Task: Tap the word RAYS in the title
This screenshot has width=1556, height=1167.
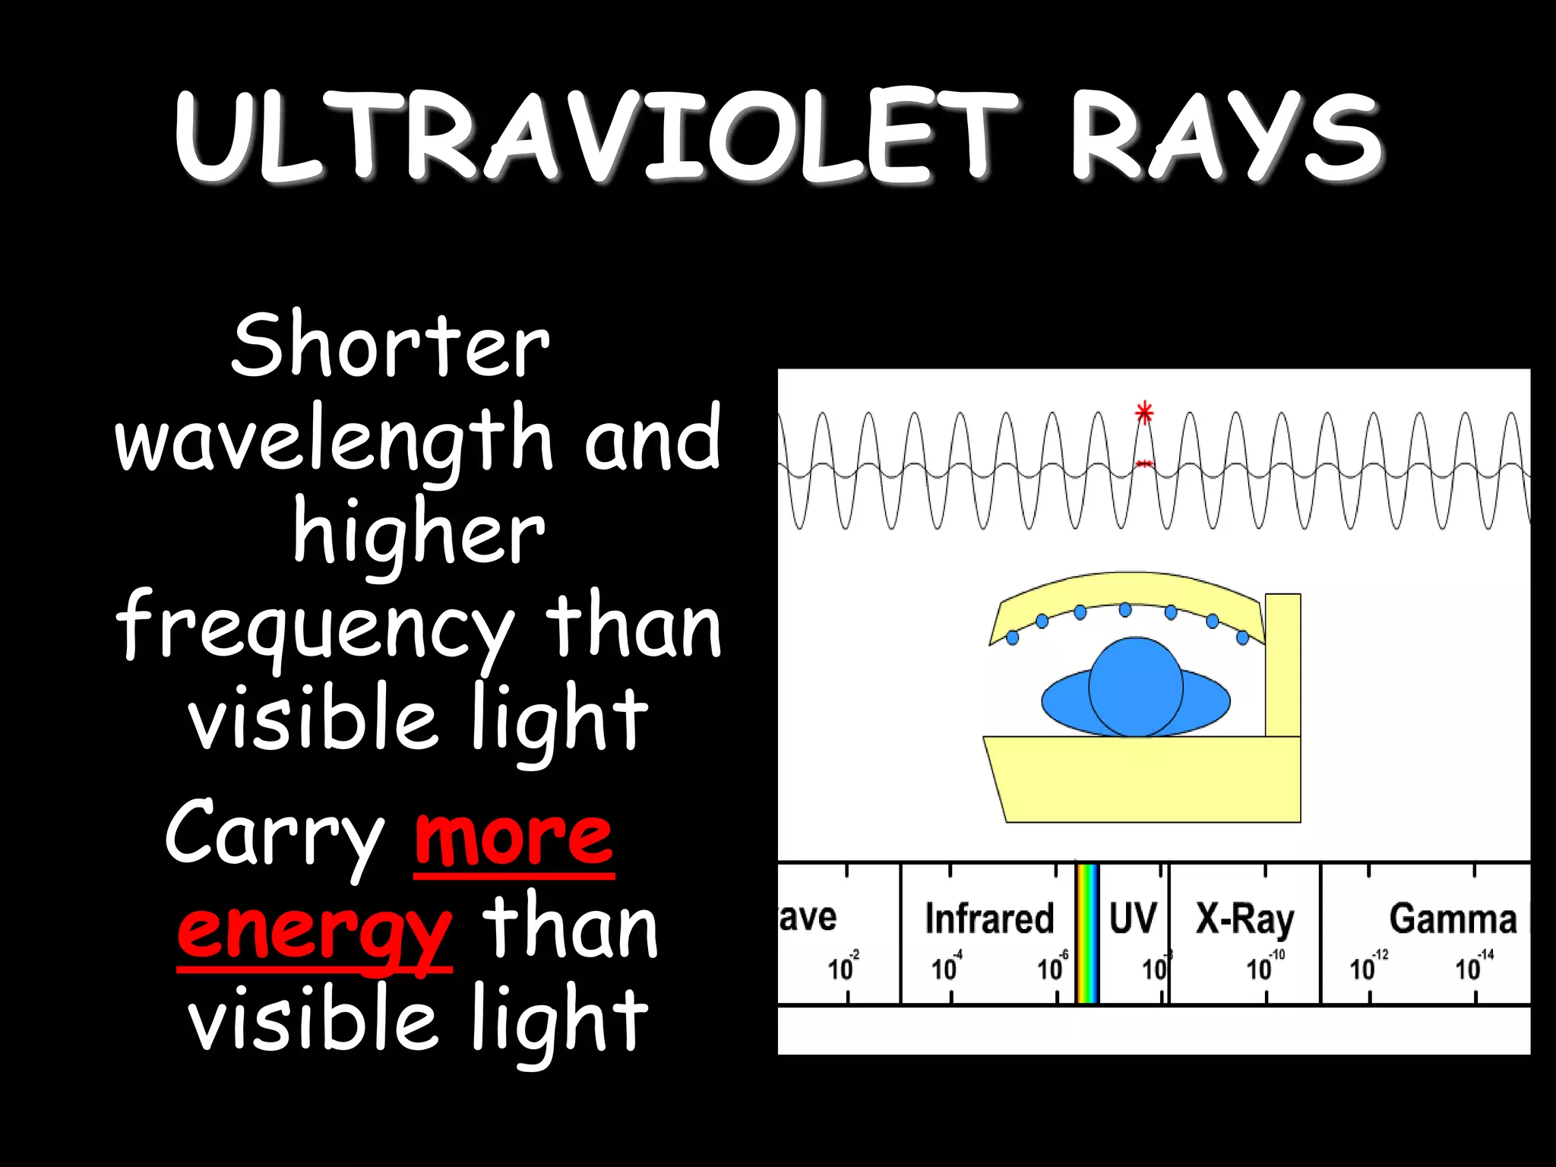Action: (1227, 137)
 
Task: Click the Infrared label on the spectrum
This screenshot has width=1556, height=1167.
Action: (989, 918)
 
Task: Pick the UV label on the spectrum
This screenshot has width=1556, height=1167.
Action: (1133, 918)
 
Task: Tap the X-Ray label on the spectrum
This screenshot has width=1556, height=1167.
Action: (1244, 919)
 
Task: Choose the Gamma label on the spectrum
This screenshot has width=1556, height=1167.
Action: (1453, 918)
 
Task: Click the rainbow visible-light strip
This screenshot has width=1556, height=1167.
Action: (1087, 933)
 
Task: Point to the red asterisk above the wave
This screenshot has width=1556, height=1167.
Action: (1144, 413)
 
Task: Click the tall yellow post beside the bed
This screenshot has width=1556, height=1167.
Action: (1282, 665)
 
